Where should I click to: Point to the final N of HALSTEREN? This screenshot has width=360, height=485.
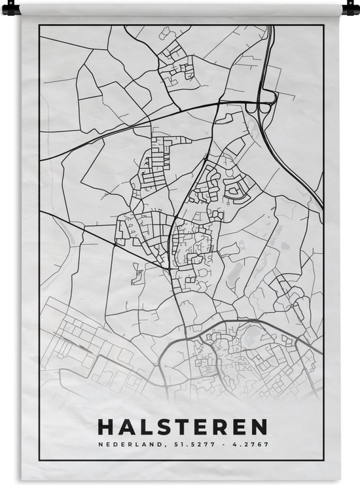[x=259, y=427]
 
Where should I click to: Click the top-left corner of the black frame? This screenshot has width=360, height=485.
[x=39, y=26]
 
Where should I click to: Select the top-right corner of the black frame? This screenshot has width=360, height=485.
[x=324, y=26]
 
